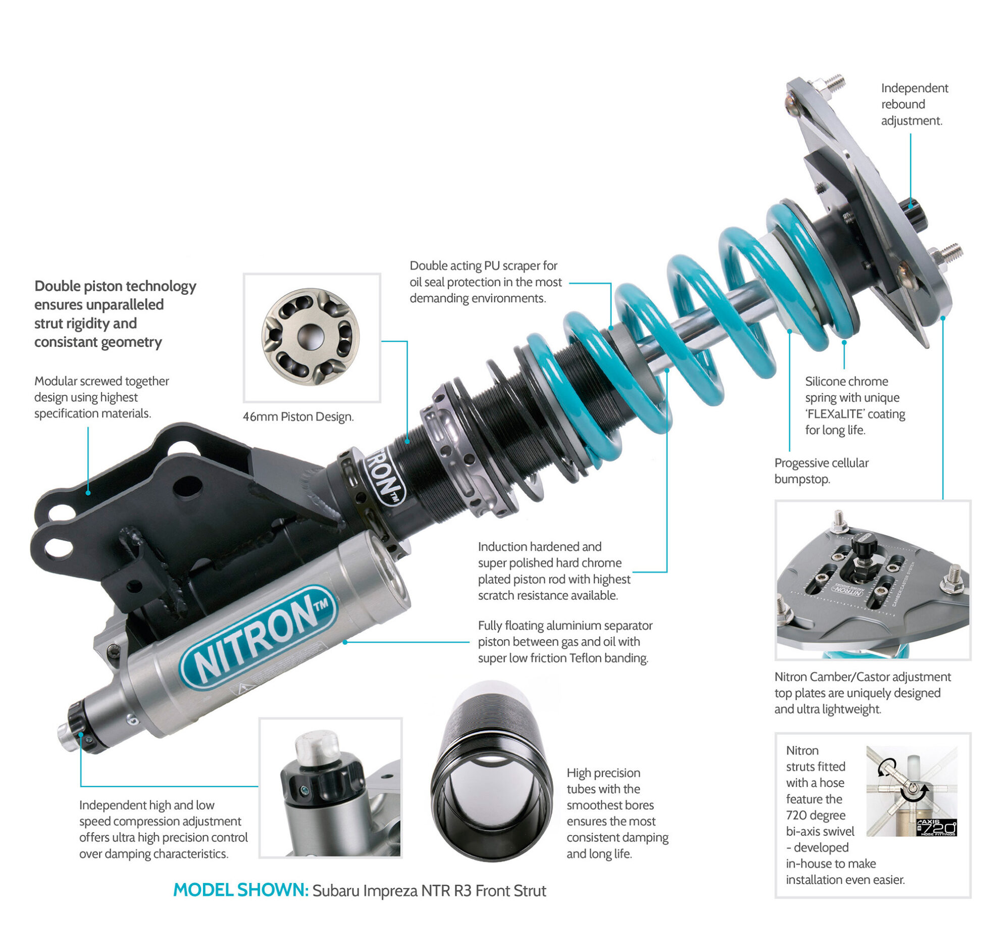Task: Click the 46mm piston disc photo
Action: [x=311, y=336]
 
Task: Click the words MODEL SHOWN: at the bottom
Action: [x=240, y=890]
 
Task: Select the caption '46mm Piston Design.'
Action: [x=298, y=417]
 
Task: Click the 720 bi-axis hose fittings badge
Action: [x=936, y=827]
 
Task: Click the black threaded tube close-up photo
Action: [x=492, y=771]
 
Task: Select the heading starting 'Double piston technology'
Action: [x=115, y=314]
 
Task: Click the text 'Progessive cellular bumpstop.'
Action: [x=821, y=471]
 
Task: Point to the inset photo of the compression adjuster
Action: [x=330, y=788]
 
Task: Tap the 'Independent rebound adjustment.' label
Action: [x=914, y=104]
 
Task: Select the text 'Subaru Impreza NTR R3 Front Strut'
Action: [x=429, y=890]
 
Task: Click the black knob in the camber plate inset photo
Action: [x=864, y=546]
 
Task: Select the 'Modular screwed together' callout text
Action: [x=102, y=397]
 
